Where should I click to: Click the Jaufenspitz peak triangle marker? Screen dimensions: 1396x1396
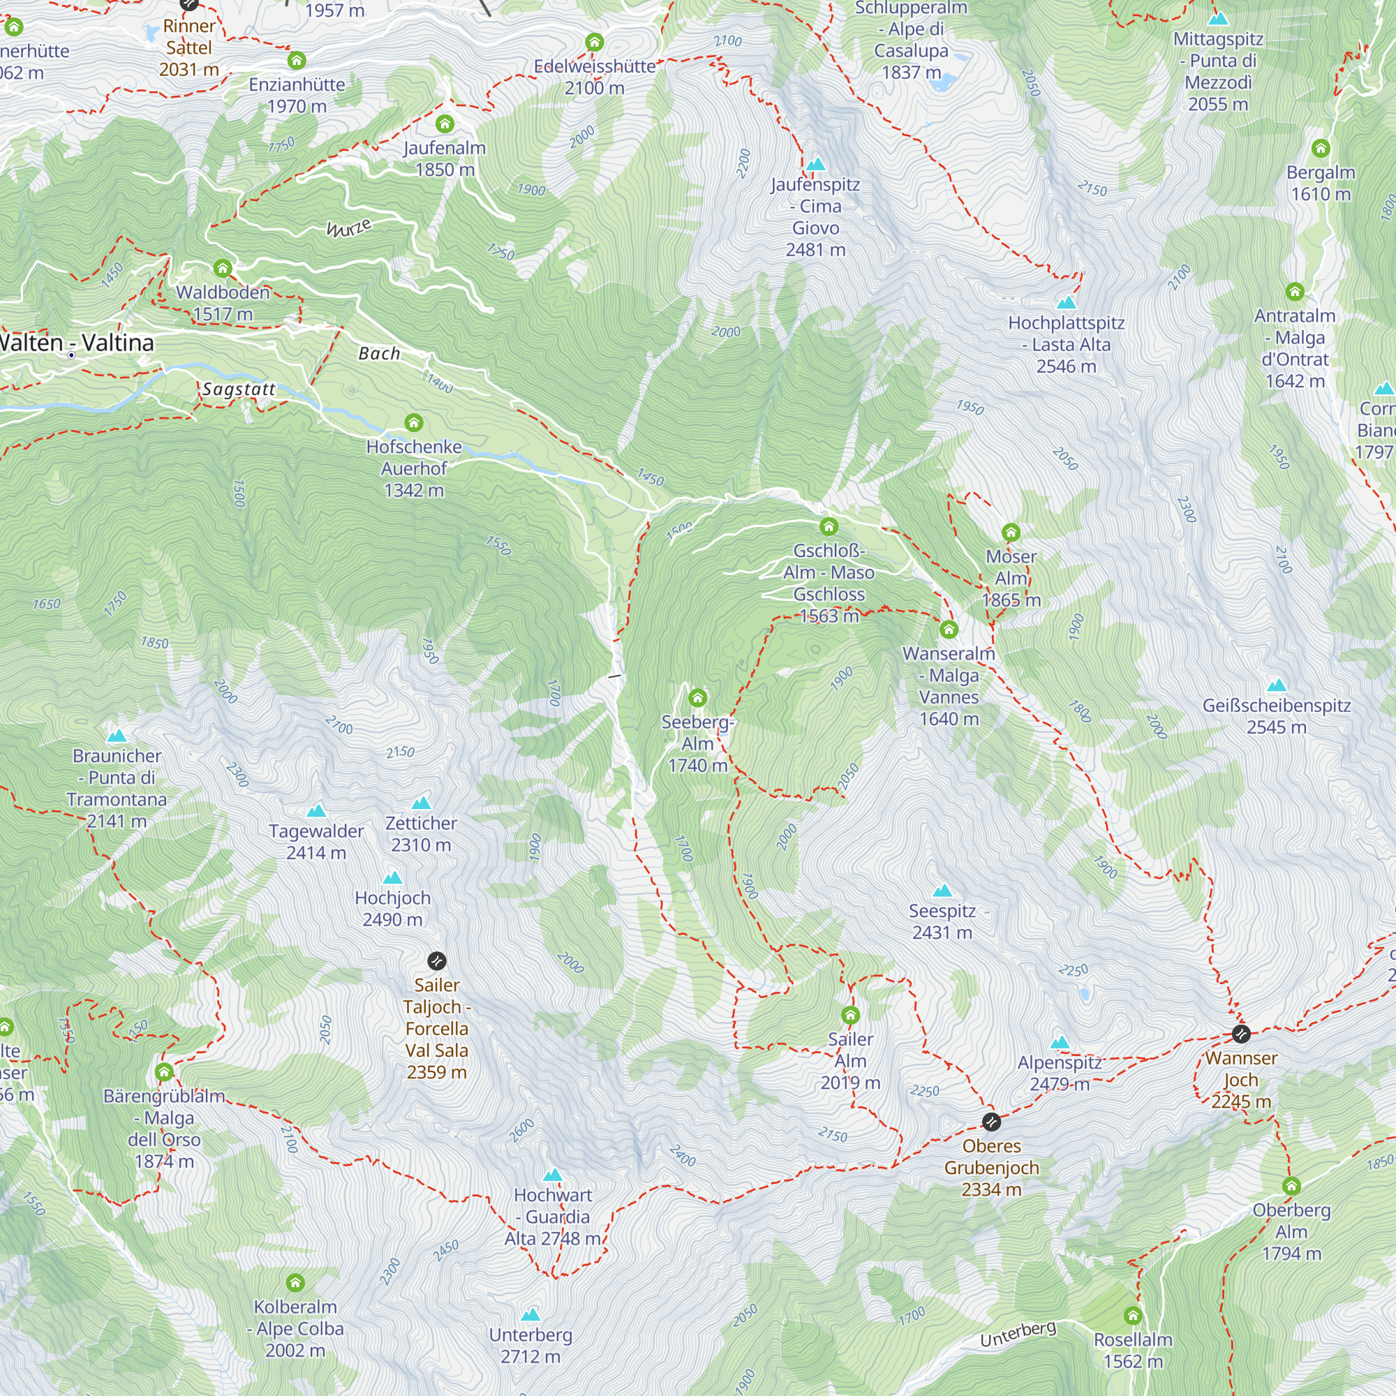pos(816,164)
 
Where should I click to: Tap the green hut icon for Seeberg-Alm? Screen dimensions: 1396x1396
pos(697,698)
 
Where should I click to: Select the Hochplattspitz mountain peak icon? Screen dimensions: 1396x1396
pos(1066,303)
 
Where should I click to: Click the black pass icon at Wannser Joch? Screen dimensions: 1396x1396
pos(1240,1034)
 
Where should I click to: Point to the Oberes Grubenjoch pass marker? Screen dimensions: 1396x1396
pos(991,1122)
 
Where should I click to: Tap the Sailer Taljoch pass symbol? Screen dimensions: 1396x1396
pos(436,961)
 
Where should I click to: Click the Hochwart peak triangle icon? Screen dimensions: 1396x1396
pos(553,1175)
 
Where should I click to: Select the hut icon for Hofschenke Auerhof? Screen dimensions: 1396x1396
pos(413,422)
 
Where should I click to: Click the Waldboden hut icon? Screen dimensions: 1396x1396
pos(223,269)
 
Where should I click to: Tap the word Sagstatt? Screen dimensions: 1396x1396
pos(239,389)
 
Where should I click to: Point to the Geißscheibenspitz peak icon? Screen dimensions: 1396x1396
pos(1276,685)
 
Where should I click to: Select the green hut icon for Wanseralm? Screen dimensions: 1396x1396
pos(949,630)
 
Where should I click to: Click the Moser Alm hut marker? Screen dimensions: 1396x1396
pos(1011,533)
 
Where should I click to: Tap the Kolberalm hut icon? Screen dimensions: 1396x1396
pos(295,1282)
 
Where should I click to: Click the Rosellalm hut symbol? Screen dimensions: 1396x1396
pos(1133,1315)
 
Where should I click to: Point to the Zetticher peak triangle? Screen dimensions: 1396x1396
pos(422,803)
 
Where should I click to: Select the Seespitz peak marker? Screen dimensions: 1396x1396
pos(942,890)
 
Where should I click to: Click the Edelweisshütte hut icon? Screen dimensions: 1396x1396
pos(595,42)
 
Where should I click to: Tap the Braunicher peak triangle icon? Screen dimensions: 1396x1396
pos(117,736)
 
